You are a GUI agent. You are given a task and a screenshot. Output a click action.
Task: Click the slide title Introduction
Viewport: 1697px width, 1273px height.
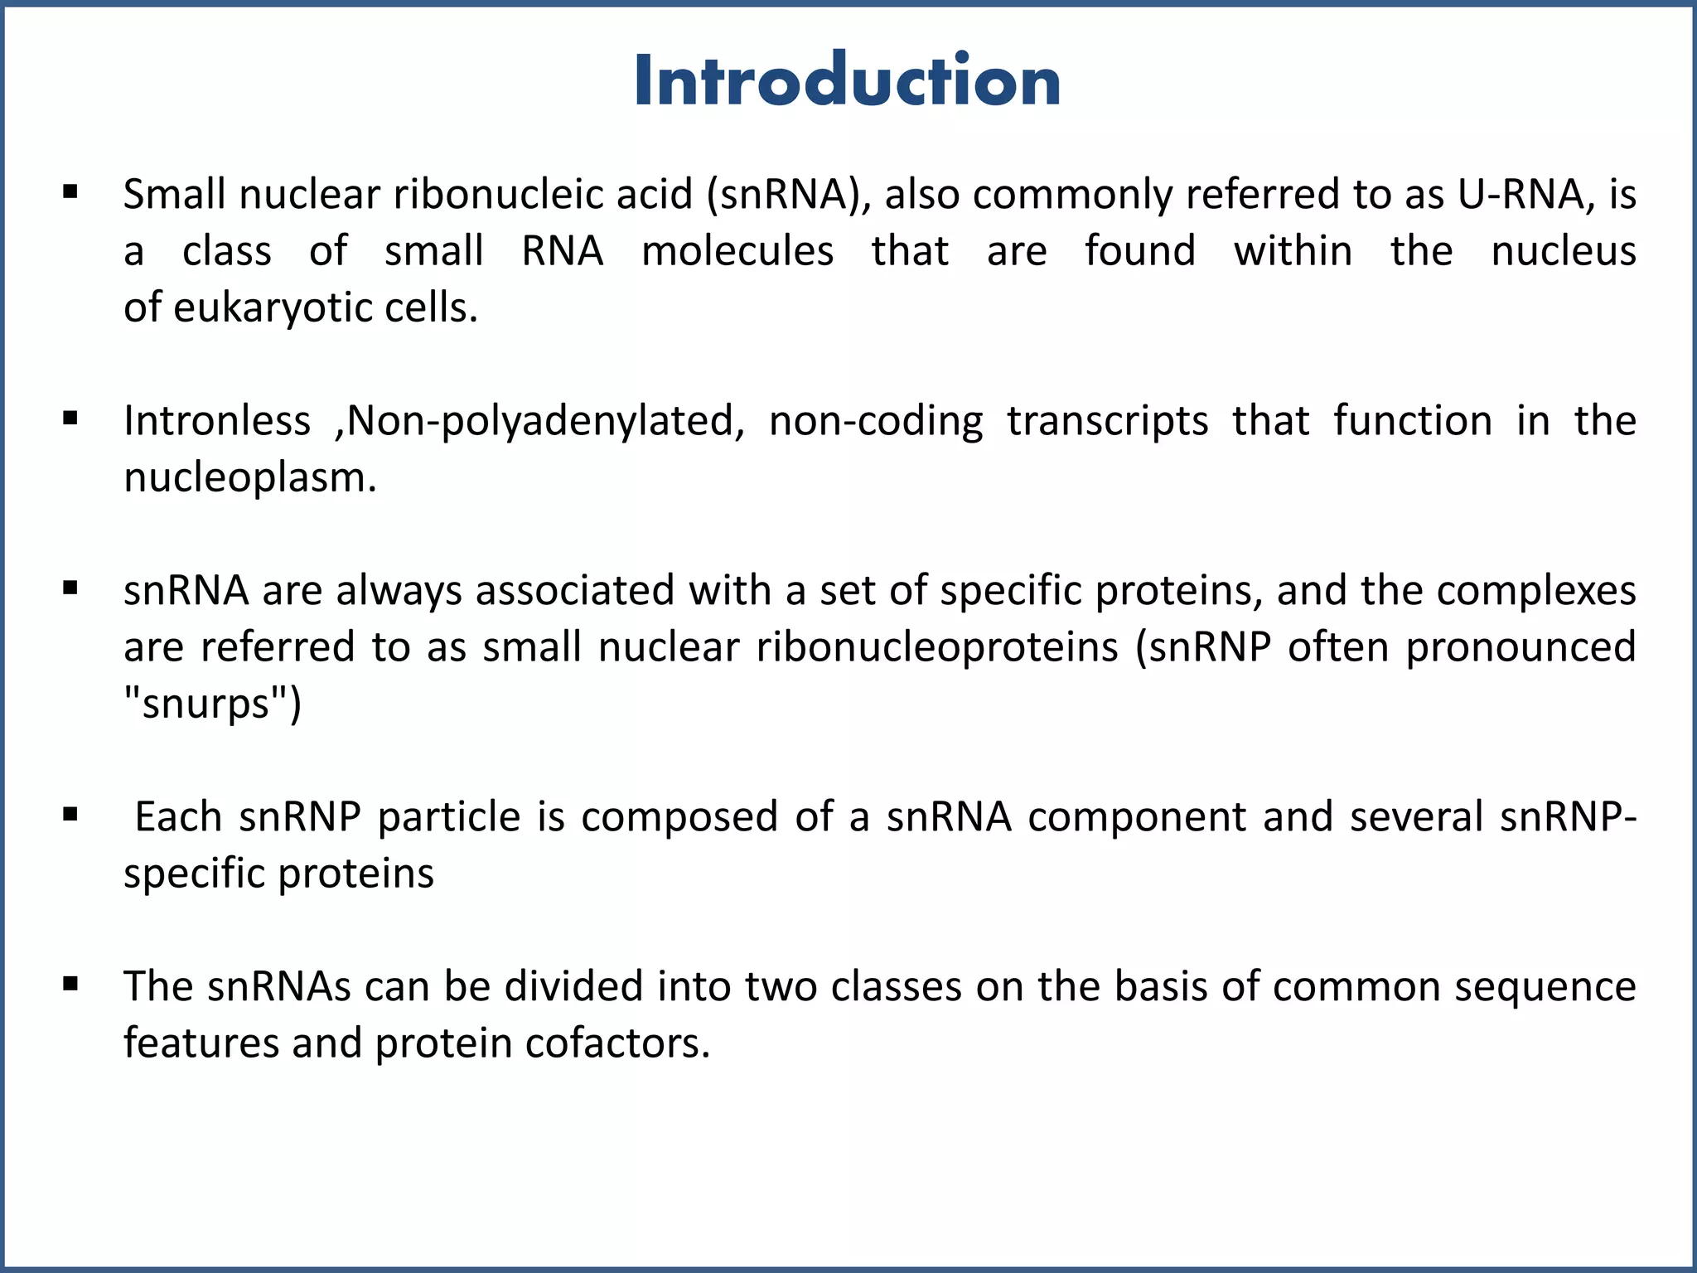pos(847,80)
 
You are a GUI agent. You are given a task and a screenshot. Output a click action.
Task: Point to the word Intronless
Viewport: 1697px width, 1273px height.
pos(217,421)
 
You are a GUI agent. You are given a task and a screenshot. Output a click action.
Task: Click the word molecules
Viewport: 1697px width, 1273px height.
pos(737,251)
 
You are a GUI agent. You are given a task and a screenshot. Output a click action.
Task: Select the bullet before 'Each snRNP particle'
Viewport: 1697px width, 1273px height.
pos(70,816)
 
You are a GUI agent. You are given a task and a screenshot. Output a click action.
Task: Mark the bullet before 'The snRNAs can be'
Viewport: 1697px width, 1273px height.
pos(70,985)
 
